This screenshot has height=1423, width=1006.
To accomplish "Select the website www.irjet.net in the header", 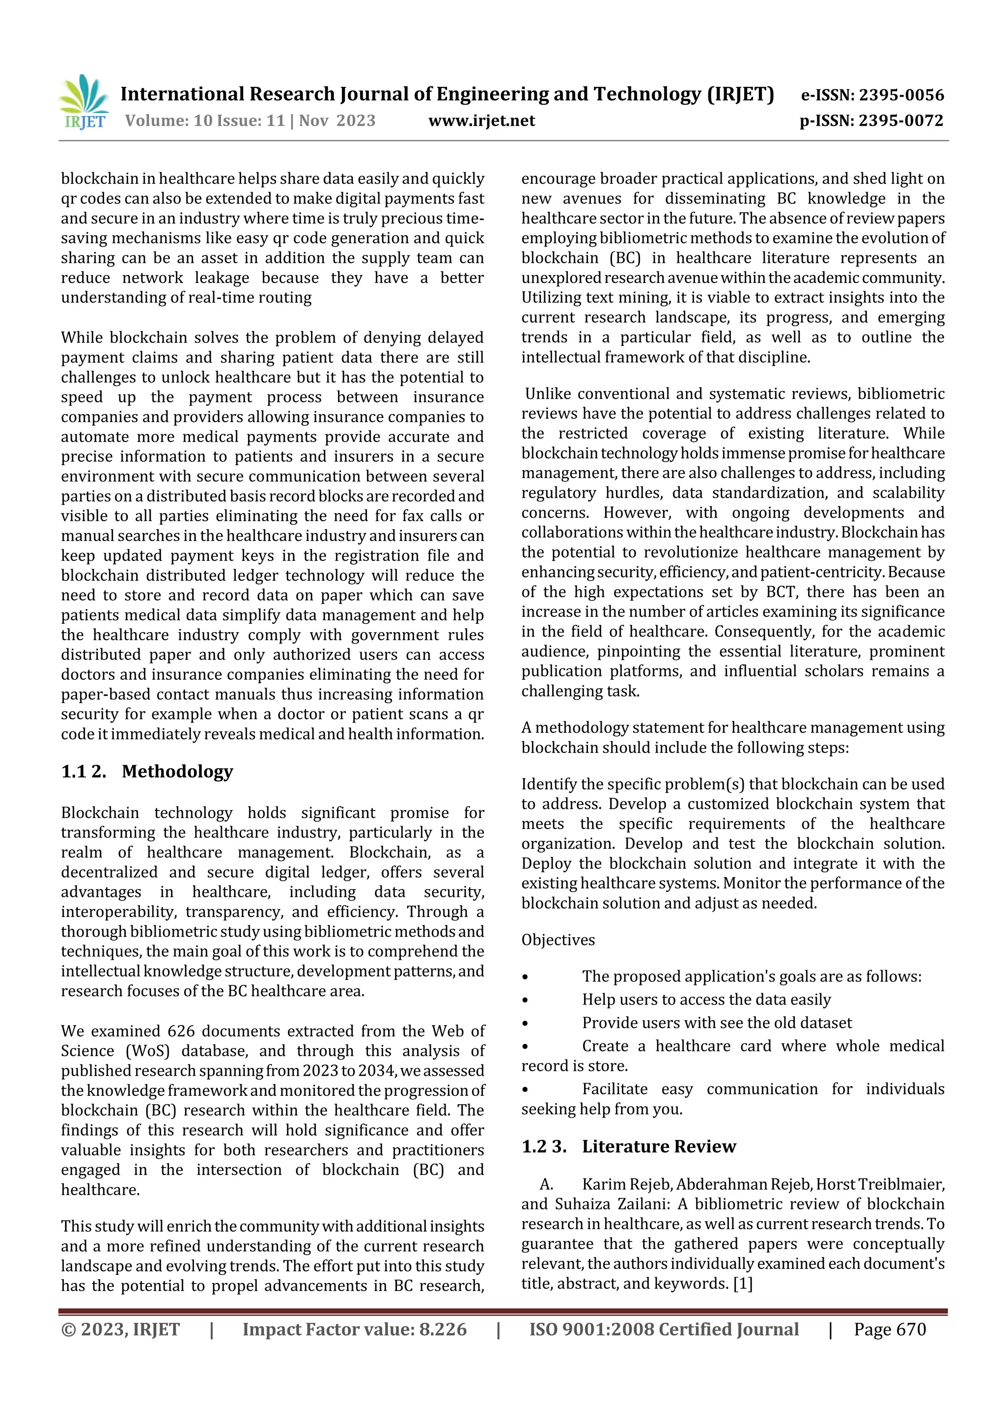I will point(481,120).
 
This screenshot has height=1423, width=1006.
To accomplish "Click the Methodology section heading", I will point(177,772).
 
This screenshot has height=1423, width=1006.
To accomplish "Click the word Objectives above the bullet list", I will point(558,940).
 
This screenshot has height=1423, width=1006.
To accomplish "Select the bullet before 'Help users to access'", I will point(525,1000).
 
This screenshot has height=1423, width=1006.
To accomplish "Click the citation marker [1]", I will point(743,1283).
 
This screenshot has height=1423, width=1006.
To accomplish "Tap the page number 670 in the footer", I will point(911,1329).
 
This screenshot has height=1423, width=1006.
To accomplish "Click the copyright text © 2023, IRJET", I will point(120,1329).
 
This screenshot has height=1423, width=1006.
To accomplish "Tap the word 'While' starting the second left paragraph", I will point(83,338).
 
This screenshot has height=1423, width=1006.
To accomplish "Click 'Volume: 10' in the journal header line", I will point(168,120).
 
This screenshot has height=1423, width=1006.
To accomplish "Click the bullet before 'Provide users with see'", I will point(525,1023).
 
